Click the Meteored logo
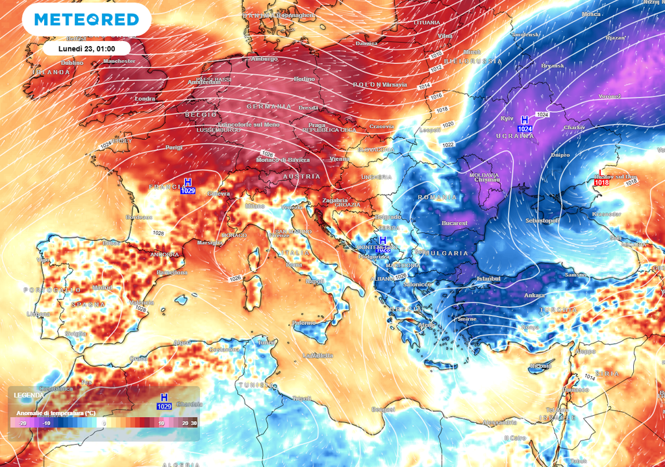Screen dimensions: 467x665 point(86,19)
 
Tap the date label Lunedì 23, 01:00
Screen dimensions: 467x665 point(86,48)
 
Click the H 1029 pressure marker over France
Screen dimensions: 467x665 point(188,186)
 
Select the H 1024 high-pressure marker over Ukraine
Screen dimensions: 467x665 point(525,125)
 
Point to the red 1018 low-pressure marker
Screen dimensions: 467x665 point(601,179)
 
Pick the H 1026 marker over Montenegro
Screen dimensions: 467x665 point(383,245)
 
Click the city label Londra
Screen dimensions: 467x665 point(145,99)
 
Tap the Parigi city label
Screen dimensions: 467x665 point(174,147)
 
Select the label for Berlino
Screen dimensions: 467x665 point(304,78)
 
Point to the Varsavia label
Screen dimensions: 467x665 point(395,84)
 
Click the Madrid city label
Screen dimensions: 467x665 point(102,287)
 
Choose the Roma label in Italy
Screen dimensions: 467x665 point(294,265)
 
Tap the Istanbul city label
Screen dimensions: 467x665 point(488,278)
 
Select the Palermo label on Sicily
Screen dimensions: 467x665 point(304,322)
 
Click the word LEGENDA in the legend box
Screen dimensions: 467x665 point(29,395)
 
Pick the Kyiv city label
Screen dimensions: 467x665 point(507,118)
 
